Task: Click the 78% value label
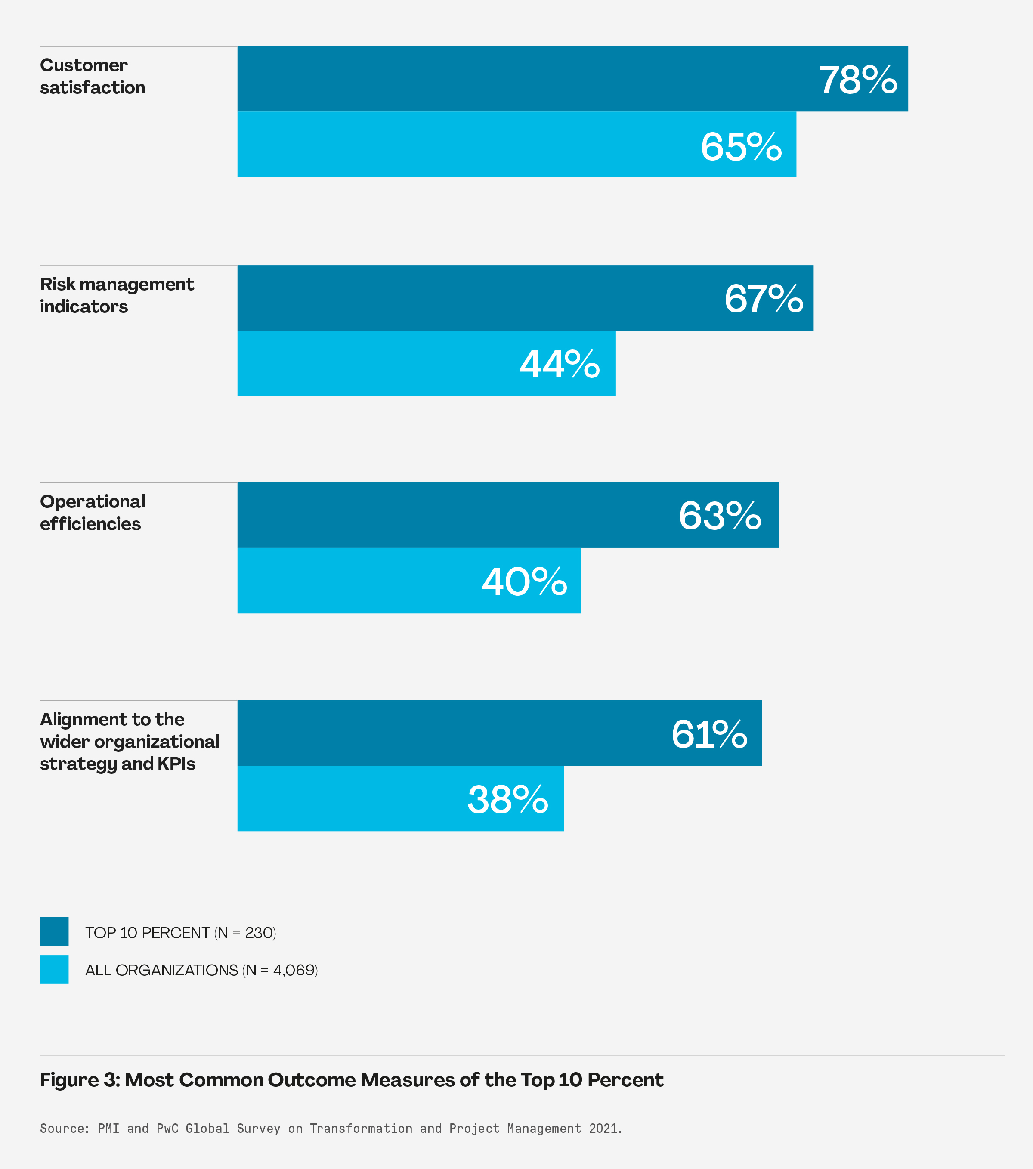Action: pos(857,80)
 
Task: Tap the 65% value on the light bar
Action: pos(741,147)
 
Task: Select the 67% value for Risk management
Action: pos(763,299)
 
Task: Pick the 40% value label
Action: pos(524,582)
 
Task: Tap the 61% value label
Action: pos(709,734)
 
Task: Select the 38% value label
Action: pos(507,800)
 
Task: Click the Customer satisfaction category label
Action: pos(92,76)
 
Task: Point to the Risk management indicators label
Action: pos(117,295)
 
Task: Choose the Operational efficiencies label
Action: pos(92,513)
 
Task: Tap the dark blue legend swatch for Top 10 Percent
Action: pos(54,932)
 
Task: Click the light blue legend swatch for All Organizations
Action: pos(54,969)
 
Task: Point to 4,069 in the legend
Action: pos(294,970)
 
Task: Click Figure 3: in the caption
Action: pos(80,1080)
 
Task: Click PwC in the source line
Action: pos(167,1129)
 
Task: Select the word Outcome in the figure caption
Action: pos(312,1080)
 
